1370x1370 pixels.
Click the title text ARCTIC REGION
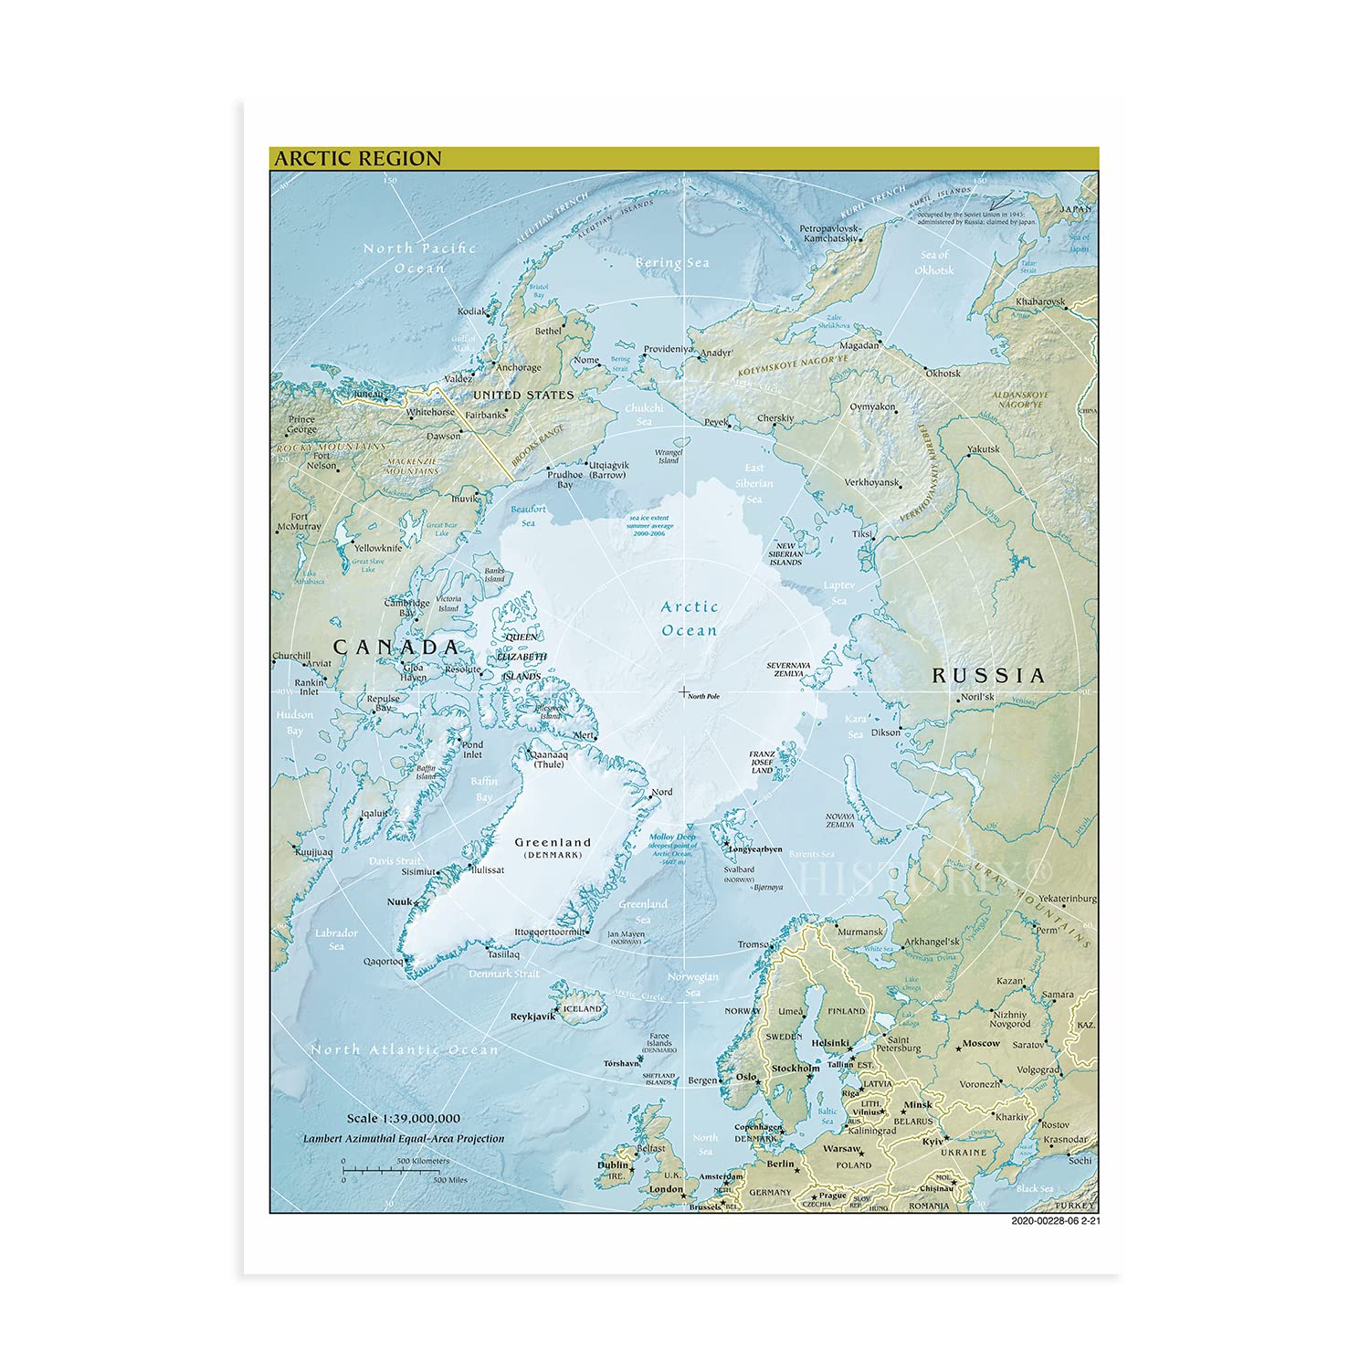(358, 158)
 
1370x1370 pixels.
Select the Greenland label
(553, 842)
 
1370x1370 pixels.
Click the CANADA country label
(395, 647)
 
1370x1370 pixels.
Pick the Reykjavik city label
(533, 1016)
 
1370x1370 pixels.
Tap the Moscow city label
(981, 1043)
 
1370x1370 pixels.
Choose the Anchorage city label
(518, 368)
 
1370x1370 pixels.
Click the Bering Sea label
(672, 263)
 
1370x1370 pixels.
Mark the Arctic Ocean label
(690, 618)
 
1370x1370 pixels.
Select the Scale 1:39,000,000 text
(403, 1118)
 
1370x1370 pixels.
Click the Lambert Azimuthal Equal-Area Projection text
(404, 1139)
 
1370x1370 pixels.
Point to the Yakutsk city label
(984, 448)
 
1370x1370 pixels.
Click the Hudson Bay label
(295, 722)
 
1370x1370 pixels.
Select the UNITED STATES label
(523, 395)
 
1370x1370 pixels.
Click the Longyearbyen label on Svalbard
(754, 849)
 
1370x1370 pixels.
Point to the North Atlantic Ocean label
(405, 1050)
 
